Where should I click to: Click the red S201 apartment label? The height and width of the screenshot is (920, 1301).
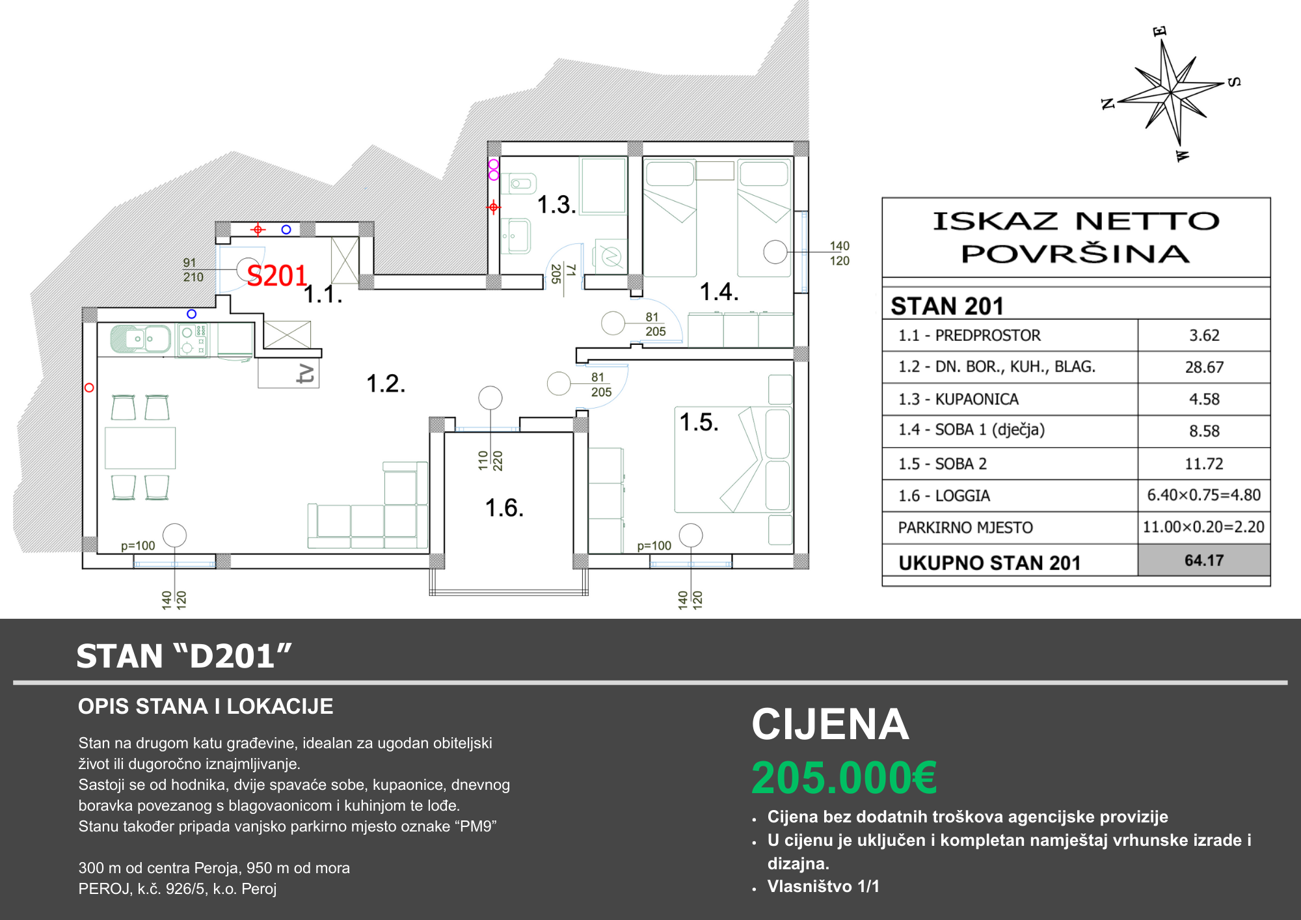[x=277, y=276]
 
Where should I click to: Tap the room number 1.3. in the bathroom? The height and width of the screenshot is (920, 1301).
[x=557, y=205]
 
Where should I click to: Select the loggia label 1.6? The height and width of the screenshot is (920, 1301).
[x=505, y=507]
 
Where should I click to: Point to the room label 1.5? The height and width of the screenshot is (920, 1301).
[x=699, y=422]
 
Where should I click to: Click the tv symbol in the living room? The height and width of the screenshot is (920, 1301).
[x=306, y=374]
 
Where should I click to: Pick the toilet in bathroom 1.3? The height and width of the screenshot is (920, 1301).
[x=521, y=184]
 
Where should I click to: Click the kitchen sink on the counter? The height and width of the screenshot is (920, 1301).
[x=141, y=339]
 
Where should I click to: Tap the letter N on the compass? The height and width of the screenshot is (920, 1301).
[x=1108, y=103]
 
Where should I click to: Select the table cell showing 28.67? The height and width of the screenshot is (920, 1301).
[x=1204, y=367]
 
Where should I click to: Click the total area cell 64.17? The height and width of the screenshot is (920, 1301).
[x=1204, y=560]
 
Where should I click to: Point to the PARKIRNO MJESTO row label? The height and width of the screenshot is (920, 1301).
[x=965, y=527]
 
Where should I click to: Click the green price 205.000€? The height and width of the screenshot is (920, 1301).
[x=844, y=778]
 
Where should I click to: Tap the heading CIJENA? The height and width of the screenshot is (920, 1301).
[x=830, y=724]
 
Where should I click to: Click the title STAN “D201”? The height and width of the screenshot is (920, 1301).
[x=184, y=656]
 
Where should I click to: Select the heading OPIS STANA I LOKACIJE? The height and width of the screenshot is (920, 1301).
[x=206, y=707]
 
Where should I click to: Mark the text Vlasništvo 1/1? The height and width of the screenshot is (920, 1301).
[x=824, y=886]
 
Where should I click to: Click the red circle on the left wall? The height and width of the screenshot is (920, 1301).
[x=90, y=388]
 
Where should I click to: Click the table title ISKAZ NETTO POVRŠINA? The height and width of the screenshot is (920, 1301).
[x=1076, y=237]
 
